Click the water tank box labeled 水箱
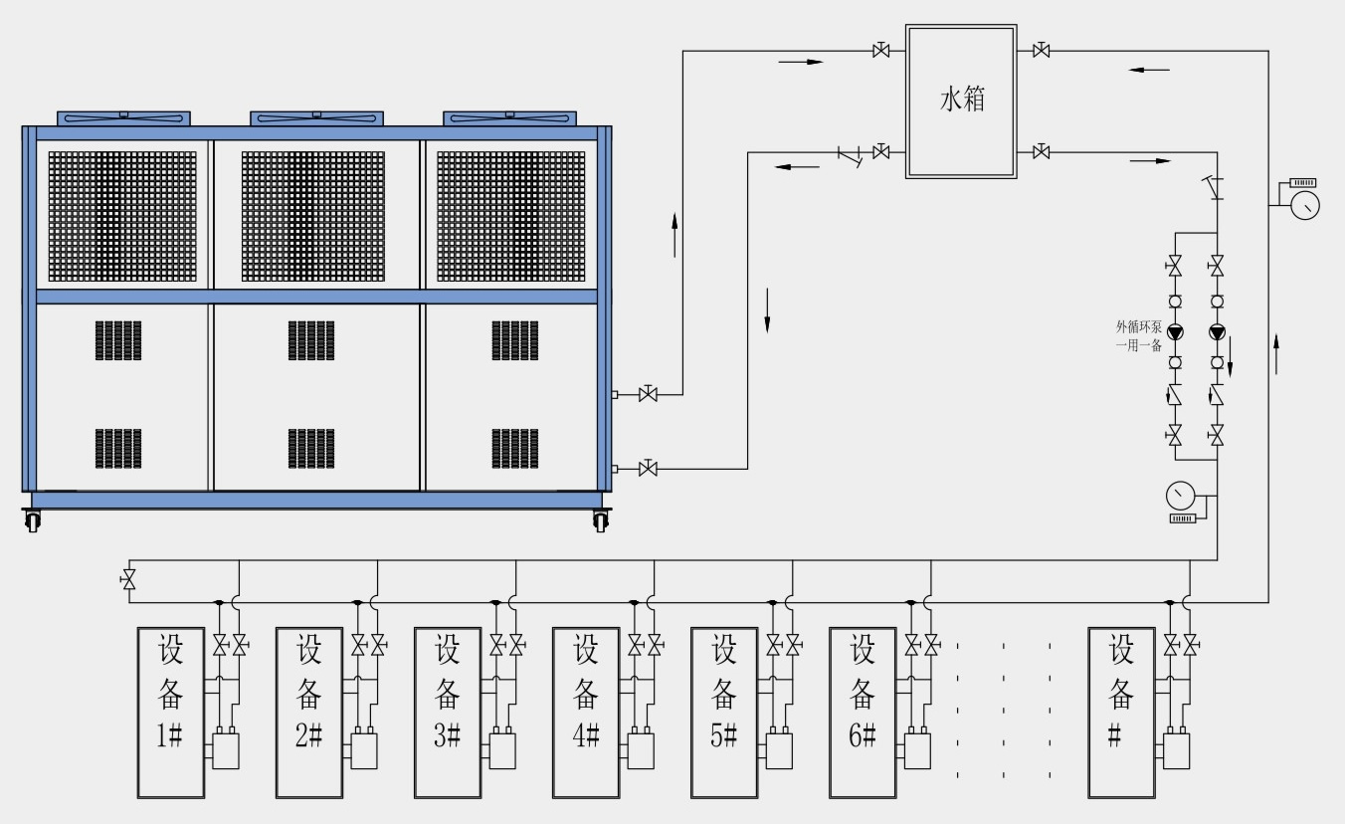click(x=961, y=102)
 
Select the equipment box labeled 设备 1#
click(x=171, y=712)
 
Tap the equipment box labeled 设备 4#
click(x=586, y=712)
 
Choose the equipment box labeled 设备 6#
click(x=863, y=712)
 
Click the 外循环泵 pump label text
click(x=1138, y=335)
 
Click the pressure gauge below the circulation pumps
click(x=1181, y=495)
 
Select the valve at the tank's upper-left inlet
click(x=880, y=51)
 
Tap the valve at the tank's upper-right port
click(x=1042, y=51)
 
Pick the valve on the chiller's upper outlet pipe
click(x=648, y=395)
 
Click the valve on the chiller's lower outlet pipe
click(x=648, y=468)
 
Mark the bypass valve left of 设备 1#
click(x=127, y=580)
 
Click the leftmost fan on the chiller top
click(x=123, y=117)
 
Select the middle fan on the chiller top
click(x=316, y=117)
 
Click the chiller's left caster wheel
click(x=32, y=519)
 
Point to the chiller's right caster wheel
click(x=600, y=519)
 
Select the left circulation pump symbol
click(x=1175, y=332)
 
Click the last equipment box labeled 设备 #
click(x=1121, y=712)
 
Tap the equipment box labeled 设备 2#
click(x=309, y=712)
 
